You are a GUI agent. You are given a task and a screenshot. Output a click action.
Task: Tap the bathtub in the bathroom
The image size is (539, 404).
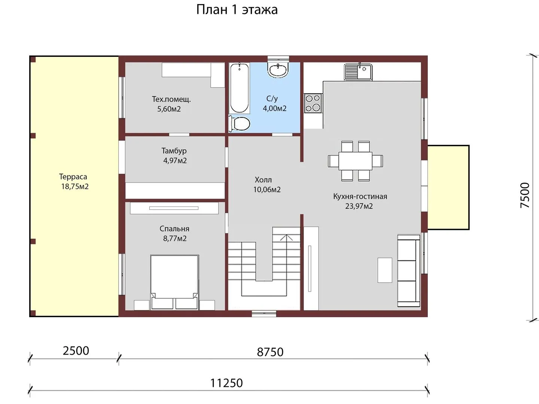tap(239, 88)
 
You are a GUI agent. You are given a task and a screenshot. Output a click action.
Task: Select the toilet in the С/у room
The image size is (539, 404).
tap(240, 124)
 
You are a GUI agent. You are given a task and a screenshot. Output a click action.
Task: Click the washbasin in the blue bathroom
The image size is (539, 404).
tap(278, 70)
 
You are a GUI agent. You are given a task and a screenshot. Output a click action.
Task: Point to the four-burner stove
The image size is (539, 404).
tap(313, 103)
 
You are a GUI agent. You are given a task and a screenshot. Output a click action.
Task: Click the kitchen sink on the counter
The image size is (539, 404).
tap(358, 71)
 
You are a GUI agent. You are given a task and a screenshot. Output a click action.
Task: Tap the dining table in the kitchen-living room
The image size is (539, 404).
tap(355, 161)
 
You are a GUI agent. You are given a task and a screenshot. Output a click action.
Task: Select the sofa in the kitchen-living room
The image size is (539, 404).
tap(409, 271)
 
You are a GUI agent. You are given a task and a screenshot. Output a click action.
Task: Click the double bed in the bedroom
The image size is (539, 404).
tap(174, 282)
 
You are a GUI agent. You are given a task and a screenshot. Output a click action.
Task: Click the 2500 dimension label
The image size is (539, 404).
tap(76, 351)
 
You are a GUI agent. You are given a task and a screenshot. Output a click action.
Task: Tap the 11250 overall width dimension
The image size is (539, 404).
tap(226, 383)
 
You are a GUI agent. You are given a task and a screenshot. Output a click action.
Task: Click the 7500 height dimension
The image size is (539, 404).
tap(525, 196)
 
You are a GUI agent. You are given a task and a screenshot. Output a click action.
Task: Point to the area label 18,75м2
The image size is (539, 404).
tap(74, 187)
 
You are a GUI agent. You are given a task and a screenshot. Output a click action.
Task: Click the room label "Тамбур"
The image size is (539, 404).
tap(174, 151)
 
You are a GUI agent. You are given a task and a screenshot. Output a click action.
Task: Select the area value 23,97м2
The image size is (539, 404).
tap(359, 206)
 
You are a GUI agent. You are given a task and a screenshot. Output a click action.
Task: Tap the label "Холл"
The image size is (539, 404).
tap(263, 180)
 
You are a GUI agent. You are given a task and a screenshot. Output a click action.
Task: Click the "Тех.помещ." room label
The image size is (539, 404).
tap(171, 100)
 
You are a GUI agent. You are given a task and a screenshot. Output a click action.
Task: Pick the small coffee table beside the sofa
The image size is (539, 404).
tap(385, 270)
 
